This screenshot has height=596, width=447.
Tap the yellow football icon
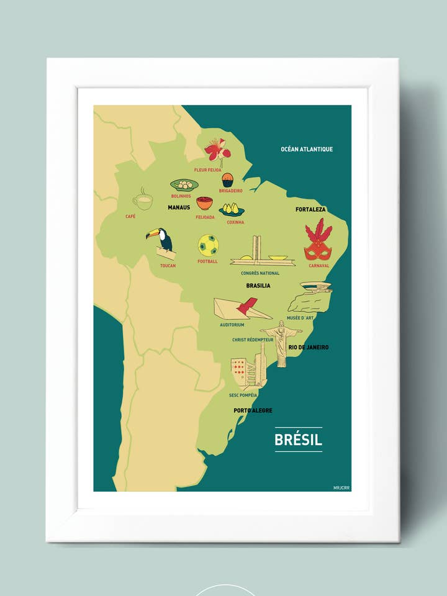208,245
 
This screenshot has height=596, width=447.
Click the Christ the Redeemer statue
281,342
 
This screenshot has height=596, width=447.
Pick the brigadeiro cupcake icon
228,180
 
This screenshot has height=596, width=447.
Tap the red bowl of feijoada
204,204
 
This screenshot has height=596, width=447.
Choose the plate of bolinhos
184,184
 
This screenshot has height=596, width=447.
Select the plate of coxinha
232,209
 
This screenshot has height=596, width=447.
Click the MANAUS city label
179,207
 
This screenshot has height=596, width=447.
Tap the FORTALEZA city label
310,210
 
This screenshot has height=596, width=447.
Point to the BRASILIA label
258,286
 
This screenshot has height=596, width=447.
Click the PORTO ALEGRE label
253,410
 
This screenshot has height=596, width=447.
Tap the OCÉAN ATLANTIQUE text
307,149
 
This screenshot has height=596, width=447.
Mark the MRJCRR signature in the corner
341,487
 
